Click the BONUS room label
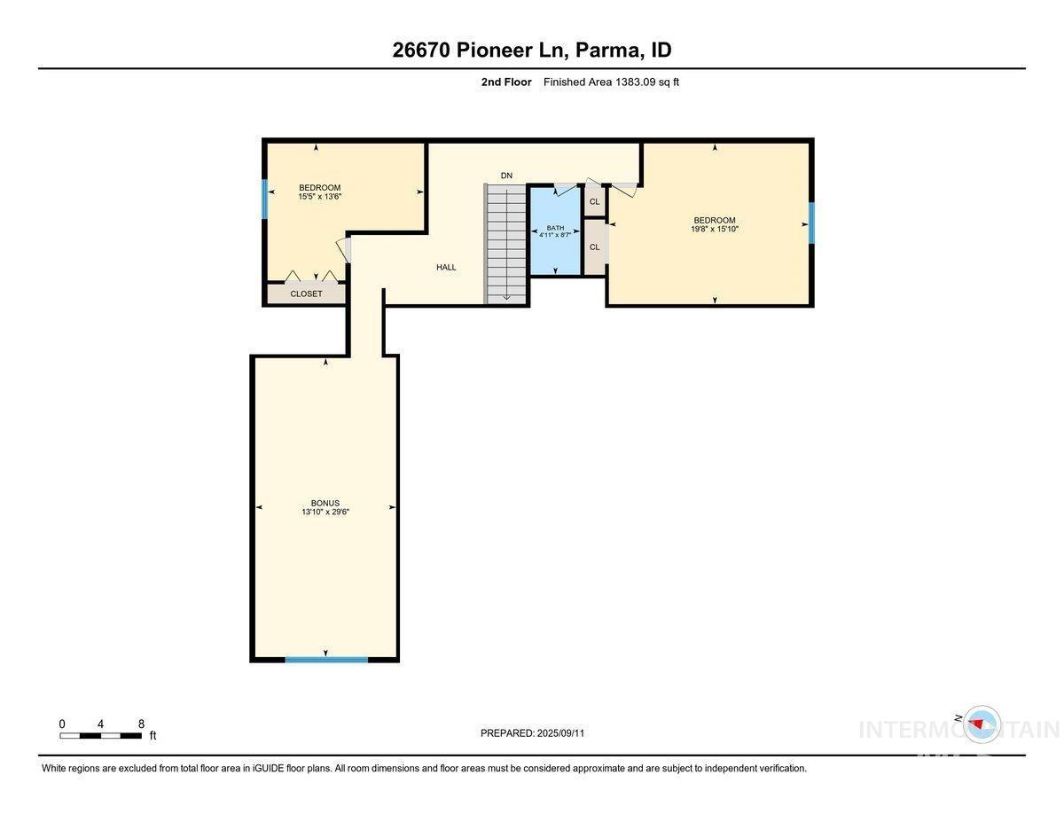325,503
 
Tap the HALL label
446,267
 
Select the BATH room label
555,228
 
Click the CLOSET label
306,294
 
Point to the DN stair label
506,176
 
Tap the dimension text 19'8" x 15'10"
715,229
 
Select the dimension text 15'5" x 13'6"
320,196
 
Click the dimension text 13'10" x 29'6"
325,512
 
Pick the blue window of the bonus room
326,660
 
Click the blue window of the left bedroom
265,199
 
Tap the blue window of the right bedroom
810,223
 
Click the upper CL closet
594,201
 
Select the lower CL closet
594,247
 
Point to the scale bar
100,735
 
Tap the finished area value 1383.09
635,82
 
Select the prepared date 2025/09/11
560,733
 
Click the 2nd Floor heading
506,82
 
